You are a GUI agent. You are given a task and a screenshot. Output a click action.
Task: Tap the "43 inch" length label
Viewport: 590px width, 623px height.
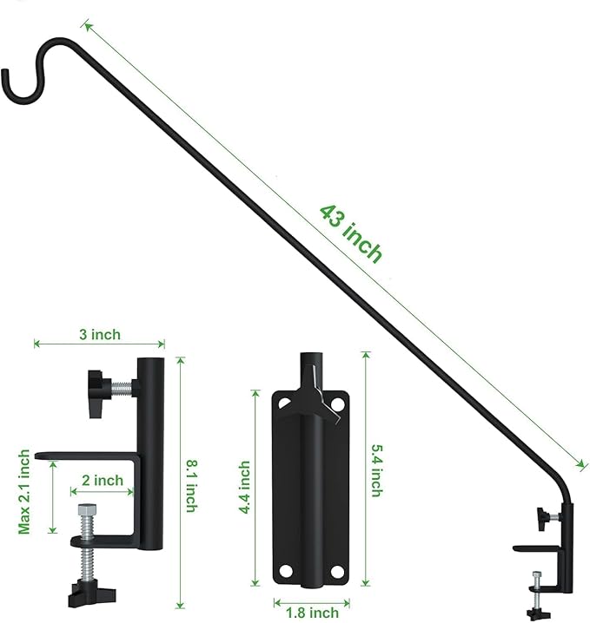[350, 233]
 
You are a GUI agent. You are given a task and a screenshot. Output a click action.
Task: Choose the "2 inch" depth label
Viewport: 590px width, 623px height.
[102, 480]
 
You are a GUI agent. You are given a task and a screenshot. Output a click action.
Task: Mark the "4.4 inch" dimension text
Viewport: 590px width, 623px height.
[246, 488]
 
